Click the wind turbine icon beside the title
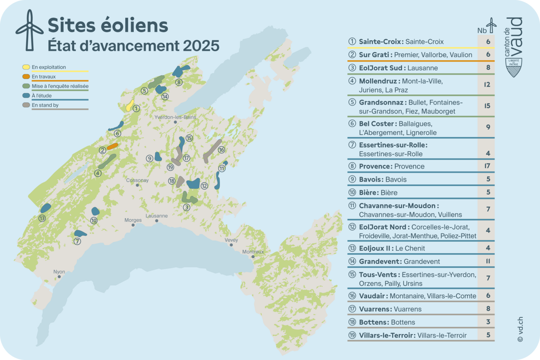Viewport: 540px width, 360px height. [29, 31]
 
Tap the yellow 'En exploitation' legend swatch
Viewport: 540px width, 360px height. [26, 67]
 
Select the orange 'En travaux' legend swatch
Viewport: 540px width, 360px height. [26, 76]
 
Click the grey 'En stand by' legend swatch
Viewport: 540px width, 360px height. [26, 105]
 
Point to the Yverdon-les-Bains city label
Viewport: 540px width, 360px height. [175, 117]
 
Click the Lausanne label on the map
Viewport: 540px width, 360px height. [156, 216]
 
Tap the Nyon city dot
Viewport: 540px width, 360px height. [59, 277]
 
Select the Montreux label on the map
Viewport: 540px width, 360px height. [253, 252]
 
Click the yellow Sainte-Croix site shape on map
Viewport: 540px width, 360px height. [129, 106]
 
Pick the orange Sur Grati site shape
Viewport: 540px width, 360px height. [112, 146]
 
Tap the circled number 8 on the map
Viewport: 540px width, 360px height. [179, 82]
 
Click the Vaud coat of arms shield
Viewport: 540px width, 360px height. [514, 67]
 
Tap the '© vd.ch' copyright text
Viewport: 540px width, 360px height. [520, 329]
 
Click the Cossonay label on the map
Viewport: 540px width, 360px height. [137, 180]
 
